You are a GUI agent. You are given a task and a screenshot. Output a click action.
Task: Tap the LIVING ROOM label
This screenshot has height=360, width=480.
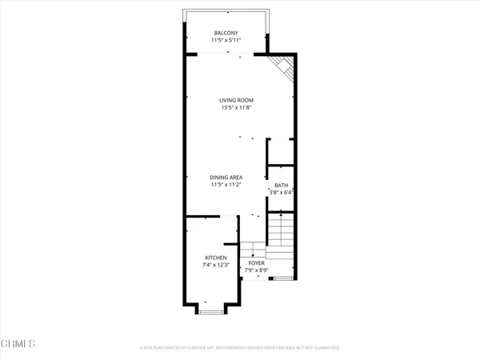point(236,100)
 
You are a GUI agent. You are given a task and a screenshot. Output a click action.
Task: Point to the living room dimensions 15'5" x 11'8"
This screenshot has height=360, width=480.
point(236,108)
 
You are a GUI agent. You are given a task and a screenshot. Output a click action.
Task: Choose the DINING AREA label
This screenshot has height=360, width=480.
point(226,177)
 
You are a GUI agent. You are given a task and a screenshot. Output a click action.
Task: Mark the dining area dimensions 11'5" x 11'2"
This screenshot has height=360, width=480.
point(226,185)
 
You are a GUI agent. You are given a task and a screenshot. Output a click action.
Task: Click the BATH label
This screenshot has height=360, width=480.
point(281,184)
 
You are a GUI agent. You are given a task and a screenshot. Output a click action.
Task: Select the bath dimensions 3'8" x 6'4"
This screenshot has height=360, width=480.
point(281,192)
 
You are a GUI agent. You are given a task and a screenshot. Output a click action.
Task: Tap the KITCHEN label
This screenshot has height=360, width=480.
point(204,258)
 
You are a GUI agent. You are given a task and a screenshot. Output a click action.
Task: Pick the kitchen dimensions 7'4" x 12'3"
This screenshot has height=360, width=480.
point(204,265)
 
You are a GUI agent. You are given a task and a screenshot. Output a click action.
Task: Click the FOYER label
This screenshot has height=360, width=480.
point(256,262)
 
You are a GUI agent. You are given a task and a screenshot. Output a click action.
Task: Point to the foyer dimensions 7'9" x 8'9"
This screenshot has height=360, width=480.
point(256,270)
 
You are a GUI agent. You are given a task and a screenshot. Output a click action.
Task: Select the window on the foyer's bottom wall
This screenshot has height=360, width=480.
point(282,278)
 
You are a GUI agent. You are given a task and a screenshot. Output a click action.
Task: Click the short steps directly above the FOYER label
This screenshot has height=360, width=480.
point(253,249)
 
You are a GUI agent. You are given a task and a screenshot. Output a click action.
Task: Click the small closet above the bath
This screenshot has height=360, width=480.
point(281,151)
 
